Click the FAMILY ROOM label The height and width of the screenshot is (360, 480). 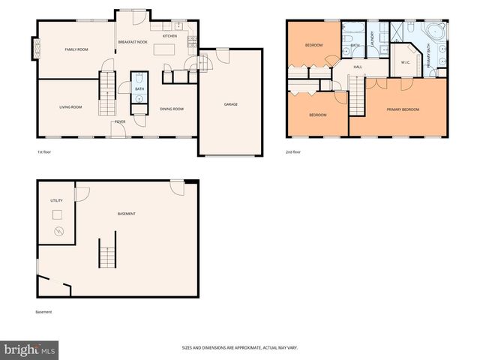click(76, 49)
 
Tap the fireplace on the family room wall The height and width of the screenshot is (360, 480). click(32, 49)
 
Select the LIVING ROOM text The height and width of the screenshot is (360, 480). click(70, 107)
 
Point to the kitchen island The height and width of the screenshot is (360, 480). click(165, 49)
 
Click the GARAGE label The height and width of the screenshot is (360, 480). click(230, 104)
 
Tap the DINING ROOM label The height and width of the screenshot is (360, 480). click(172, 109)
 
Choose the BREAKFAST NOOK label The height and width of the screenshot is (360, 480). click(133, 42)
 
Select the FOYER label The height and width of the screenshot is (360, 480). click(119, 121)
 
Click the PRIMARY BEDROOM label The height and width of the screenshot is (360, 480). click(403, 109)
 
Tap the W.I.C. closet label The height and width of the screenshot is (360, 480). click(404, 63)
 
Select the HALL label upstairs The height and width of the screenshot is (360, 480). click(358, 67)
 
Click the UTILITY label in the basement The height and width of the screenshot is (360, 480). click(57, 201)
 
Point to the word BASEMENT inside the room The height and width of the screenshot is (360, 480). click(127, 214)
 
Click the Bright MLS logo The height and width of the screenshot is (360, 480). click(29, 349)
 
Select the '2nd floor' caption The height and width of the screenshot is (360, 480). click(293, 152)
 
